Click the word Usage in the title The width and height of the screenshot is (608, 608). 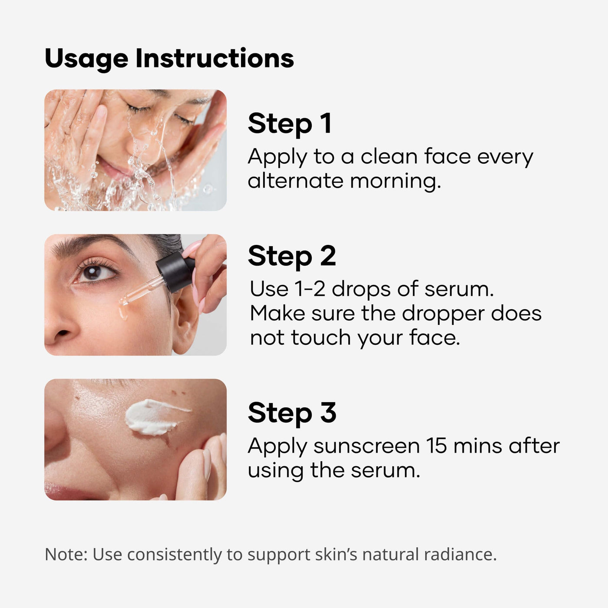(x=86, y=59)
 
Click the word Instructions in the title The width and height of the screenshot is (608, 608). (x=215, y=58)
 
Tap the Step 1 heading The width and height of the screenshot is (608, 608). (x=290, y=124)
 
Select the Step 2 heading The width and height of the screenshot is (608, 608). (x=292, y=256)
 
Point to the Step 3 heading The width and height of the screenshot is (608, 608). (x=292, y=413)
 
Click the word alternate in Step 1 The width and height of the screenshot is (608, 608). (x=295, y=181)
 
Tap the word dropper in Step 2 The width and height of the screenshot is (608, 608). (x=443, y=314)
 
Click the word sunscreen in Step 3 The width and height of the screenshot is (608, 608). (x=367, y=446)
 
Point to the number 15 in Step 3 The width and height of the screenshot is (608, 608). (x=437, y=446)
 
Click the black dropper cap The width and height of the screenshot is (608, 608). (x=175, y=271)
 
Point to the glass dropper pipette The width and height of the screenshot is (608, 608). (x=142, y=291)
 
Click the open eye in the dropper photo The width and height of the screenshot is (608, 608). (x=95, y=272)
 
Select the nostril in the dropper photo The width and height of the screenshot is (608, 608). (x=63, y=333)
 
